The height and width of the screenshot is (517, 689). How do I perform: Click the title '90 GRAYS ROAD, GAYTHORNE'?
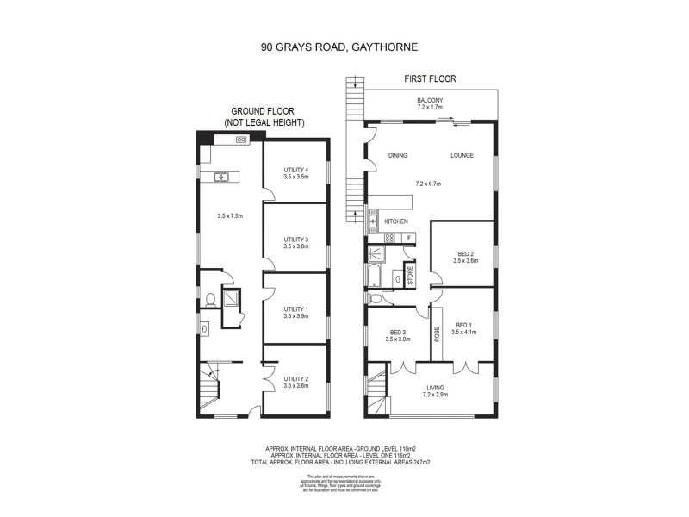[x=344, y=49]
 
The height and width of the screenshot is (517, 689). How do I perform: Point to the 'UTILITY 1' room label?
[x=295, y=312]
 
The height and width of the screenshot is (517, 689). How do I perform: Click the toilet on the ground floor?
[x=210, y=301]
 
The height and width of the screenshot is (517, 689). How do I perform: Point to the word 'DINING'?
[x=397, y=156]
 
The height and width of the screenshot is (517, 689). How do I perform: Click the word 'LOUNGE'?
[x=462, y=156]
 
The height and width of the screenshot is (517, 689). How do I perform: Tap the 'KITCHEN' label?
[x=396, y=221]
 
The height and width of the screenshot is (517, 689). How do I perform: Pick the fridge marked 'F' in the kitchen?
[x=408, y=238]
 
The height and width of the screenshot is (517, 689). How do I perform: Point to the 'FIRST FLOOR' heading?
[x=430, y=79]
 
